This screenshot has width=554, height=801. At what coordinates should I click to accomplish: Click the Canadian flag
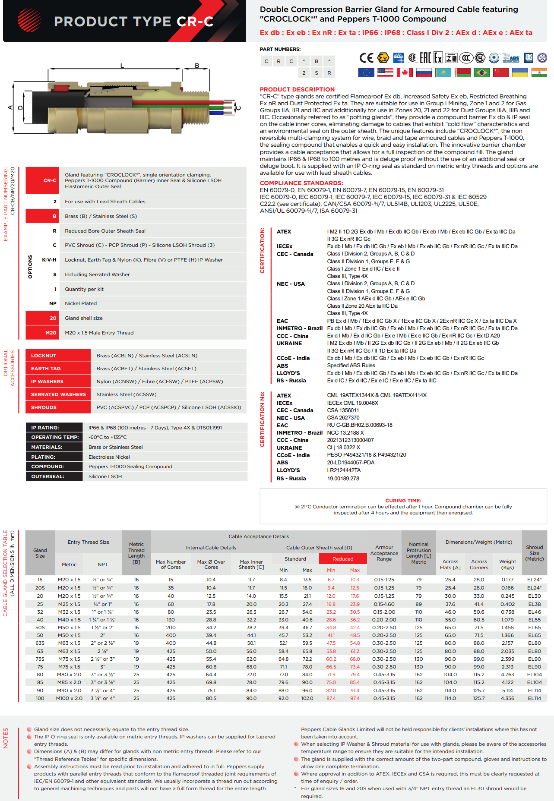(x=405, y=73)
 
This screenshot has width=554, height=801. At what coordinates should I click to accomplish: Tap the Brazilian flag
(x=481, y=73)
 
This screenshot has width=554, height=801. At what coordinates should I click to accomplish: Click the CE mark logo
(x=366, y=58)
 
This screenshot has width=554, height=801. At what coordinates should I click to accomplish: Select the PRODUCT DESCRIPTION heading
(x=297, y=89)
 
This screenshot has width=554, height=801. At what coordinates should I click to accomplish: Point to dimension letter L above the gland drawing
(x=122, y=66)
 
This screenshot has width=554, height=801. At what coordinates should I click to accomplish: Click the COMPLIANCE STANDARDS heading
(x=301, y=183)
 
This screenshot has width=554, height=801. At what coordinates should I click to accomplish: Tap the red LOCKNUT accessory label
(x=44, y=356)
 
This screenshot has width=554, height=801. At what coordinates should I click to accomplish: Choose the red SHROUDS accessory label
(x=44, y=407)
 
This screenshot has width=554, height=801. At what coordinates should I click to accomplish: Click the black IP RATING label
(x=45, y=428)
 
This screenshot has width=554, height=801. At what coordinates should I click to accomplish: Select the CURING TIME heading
(x=403, y=501)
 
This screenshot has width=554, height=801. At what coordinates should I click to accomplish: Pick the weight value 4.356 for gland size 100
(x=507, y=698)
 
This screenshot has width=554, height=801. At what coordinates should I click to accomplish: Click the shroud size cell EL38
(x=534, y=604)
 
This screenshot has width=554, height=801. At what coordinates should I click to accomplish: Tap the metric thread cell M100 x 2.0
(x=69, y=698)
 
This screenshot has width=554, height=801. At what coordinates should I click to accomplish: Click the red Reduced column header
(x=343, y=559)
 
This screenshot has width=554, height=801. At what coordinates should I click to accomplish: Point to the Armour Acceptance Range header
(x=384, y=553)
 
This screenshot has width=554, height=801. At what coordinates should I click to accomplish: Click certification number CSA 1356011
(x=343, y=410)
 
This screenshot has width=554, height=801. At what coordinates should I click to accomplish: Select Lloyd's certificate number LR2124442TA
(x=344, y=470)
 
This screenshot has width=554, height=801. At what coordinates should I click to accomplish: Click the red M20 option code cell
(x=51, y=333)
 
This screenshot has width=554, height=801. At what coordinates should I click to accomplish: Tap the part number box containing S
(x=317, y=73)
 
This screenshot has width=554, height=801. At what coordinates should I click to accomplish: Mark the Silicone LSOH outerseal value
(x=105, y=476)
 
